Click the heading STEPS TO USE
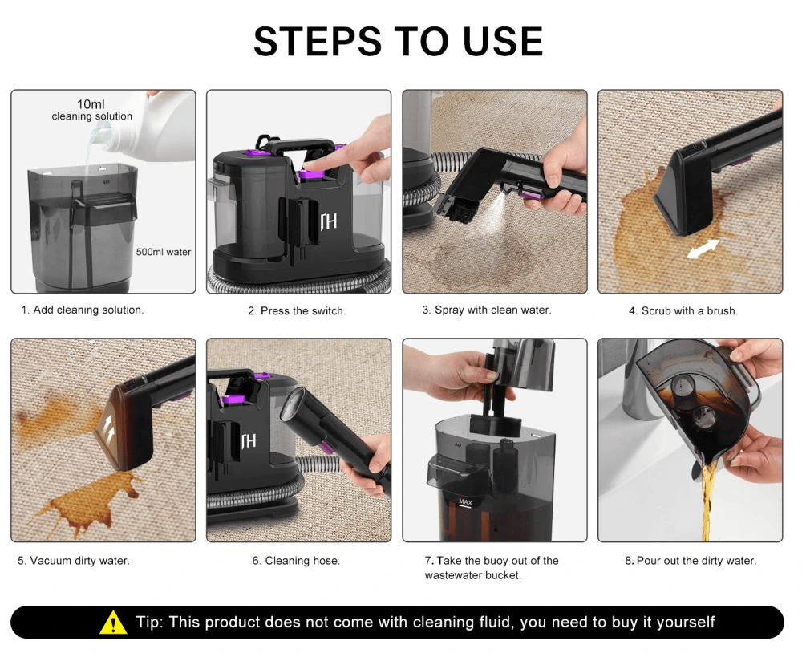tap(398, 42)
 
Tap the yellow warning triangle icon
tap(113, 623)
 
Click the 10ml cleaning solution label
tap(91, 110)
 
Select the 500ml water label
tap(163, 252)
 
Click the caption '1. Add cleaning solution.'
tap(83, 310)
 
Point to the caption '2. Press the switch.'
tap(297, 311)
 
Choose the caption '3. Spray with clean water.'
tap(487, 310)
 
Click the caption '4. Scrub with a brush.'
tap(683, 311)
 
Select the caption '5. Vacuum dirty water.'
tap(74, 561)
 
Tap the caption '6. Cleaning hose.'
tap(296, 561)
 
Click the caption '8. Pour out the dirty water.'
tap(690, 561)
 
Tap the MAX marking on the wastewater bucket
tap(465, 502)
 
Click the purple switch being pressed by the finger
tap(310, 175)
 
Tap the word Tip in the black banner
tap(149, 623)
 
